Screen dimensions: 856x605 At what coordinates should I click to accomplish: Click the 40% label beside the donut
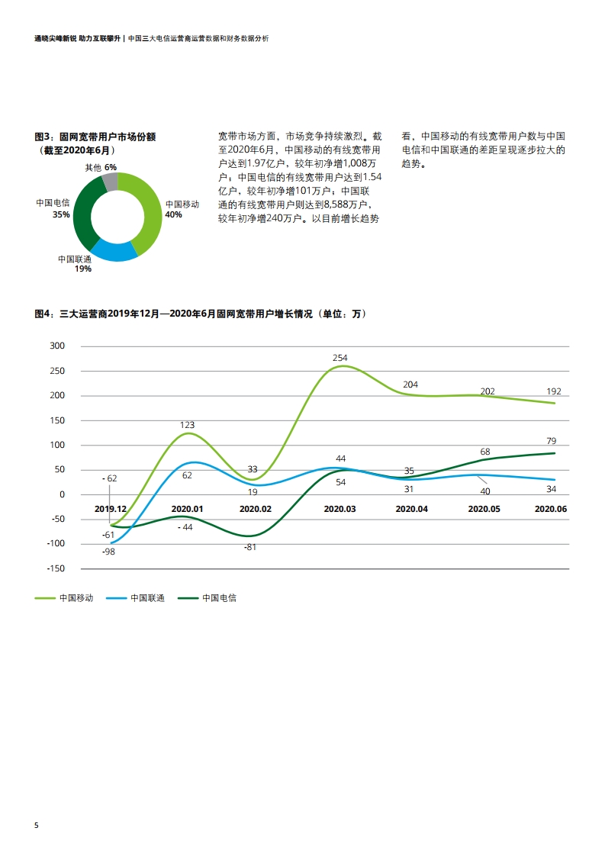[173, 215]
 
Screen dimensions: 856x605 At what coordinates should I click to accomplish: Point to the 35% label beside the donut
[61, 215]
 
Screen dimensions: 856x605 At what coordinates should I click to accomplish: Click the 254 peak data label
[340, 358]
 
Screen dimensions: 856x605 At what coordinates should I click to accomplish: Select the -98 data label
[108, 552]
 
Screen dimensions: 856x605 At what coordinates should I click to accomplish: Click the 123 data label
[187, 425]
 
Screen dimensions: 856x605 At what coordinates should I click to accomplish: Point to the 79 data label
[552, 441]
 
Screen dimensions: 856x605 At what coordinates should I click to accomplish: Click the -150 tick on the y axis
[56, 568]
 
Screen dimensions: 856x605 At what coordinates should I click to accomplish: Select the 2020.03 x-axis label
[340, 508]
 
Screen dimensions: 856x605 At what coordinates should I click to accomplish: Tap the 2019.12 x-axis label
[111, 508]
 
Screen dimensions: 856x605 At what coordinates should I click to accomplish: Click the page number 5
[36, 826]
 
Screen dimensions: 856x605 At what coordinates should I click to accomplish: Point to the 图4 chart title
[201, 314]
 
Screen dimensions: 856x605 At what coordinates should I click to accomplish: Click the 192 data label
[553, 391]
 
